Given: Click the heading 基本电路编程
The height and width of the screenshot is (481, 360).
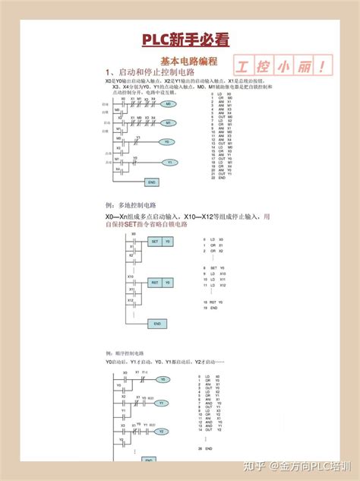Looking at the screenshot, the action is pyautogui.click(x=189, y=60).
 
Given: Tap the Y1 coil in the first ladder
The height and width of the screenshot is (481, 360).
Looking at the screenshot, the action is pyautogui.click(x=169, y=163).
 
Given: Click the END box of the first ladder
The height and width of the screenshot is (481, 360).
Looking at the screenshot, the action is pyautogui.click(x=152, y=183).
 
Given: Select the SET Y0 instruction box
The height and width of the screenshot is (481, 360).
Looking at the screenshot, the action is pyautogui.click(x=160, y=241).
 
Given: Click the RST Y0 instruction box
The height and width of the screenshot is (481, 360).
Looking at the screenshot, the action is pyautogui.click(x=160, y=282).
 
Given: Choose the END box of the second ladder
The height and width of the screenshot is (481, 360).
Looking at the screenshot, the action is pyautogui.click(x=157, y=324).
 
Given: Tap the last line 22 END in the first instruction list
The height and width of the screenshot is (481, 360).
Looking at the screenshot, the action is pyautogui.click(x=222, y=178).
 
